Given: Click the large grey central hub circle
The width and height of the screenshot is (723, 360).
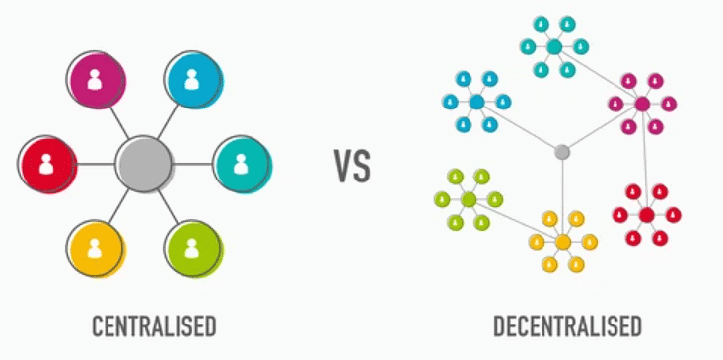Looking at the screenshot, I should tap(144, 164).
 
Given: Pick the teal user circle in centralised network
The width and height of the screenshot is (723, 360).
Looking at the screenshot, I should tap(241, 164).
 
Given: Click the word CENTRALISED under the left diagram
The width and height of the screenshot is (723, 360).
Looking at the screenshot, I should tap(152, 325).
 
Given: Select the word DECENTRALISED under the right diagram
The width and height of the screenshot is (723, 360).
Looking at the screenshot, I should tap(567, 325).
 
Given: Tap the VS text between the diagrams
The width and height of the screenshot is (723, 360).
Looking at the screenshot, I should tap(351, 167).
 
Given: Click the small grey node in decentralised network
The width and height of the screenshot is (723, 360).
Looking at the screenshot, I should tap(562, 152).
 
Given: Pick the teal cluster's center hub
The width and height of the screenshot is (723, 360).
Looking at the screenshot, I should tap(554, 46).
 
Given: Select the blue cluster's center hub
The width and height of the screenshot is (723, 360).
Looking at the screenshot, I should tap(477, 102).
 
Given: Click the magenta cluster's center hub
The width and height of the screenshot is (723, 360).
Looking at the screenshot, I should tap(642, 104).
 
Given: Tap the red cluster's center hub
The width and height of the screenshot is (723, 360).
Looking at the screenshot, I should tap(646, 214).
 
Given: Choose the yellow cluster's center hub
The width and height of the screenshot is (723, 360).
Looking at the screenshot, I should tap(562, 241).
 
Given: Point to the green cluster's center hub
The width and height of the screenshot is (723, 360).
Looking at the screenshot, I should tap(469, 199).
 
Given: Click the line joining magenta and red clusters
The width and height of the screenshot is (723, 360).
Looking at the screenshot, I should tap(644, 158).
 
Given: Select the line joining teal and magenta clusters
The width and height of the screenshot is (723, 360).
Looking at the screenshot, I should tap(599, 75).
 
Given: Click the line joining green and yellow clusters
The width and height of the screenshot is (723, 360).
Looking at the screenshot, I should tap(515, 220).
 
